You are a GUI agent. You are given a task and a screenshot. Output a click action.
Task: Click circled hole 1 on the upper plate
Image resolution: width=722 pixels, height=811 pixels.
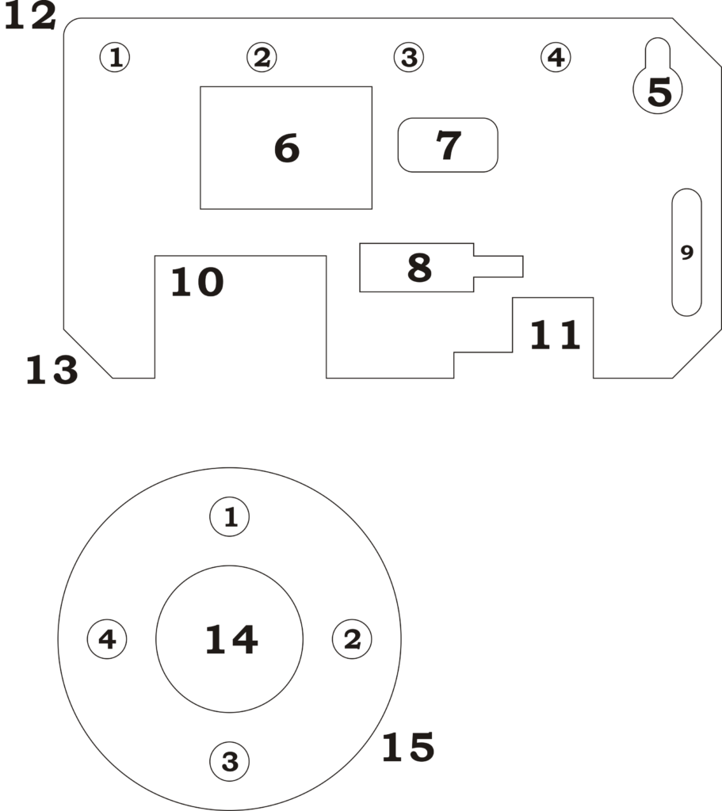click(116, 57)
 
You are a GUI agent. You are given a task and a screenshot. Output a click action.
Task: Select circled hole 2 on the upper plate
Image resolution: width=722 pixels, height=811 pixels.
click(262, 57)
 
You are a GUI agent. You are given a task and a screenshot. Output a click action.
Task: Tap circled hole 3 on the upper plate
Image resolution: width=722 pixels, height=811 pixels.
click(409, 57)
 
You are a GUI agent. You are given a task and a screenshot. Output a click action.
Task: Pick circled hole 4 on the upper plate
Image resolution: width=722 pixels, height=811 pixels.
click(556, 57)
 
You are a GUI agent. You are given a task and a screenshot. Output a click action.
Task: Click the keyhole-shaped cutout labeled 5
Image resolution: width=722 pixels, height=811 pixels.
click(658, 87)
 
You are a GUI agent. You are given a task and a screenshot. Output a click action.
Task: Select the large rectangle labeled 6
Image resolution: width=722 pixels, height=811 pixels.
click(286, 148)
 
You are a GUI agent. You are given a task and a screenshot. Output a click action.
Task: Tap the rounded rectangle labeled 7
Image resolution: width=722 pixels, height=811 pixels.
click(448, 145)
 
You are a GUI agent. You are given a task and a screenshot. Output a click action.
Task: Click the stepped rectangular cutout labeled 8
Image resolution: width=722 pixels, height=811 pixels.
click(417, 268)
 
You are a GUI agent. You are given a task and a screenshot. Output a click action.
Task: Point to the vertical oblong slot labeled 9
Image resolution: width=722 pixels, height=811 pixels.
click(686, 252)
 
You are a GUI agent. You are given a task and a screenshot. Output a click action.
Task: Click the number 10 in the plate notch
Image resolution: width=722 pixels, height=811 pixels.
click(197, 283)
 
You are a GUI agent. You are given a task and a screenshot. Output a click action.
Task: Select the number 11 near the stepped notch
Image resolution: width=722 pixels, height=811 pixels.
click(555, 336)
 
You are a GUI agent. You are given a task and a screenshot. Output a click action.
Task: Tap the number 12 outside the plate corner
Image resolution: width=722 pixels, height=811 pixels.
click(30, 17)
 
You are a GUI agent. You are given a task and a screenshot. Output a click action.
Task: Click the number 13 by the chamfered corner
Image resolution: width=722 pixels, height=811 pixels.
click(52, 370)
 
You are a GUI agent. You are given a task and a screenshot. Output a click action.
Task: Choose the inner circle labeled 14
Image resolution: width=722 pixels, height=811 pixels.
click(230, 640)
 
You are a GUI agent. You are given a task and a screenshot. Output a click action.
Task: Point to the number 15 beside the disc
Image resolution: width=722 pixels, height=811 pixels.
click(408, 747)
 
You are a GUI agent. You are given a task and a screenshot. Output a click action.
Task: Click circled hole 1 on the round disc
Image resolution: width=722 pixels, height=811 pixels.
click(230, 517)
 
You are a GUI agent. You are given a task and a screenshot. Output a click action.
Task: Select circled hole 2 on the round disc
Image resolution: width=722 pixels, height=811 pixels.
click(352, 640)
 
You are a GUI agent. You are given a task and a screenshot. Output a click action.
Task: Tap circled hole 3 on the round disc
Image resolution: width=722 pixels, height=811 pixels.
click(230, 762)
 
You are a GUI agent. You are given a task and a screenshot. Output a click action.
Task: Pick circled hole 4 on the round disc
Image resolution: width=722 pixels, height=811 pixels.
click(107, 640)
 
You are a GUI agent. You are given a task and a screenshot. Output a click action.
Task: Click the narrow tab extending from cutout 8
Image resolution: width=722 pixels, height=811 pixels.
click(499, 267)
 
